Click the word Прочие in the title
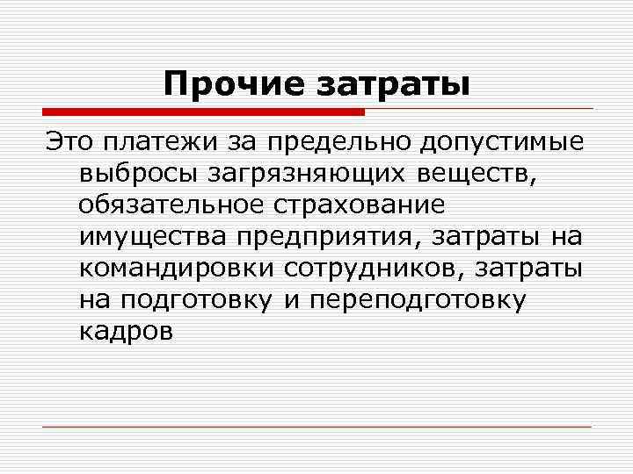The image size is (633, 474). click(x=222, y=84)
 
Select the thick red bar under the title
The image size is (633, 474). click(x=203, y=112)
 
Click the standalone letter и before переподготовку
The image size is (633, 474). click(x=288, y=299)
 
